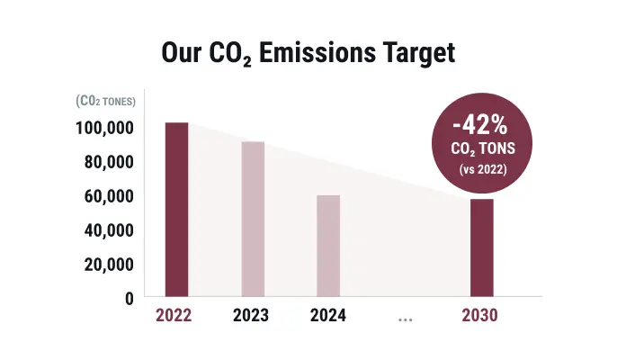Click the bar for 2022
(176, 209)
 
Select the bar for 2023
(253, 219)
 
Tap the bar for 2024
(328, 246)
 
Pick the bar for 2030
(482, 247)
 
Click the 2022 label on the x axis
(175, 316)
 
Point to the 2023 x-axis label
(252, 316)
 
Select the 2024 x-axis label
(328, 316)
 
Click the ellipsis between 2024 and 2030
(404, 318)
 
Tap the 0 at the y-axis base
(129, 298)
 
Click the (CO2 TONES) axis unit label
(106, 102)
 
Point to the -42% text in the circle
(482, 123)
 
